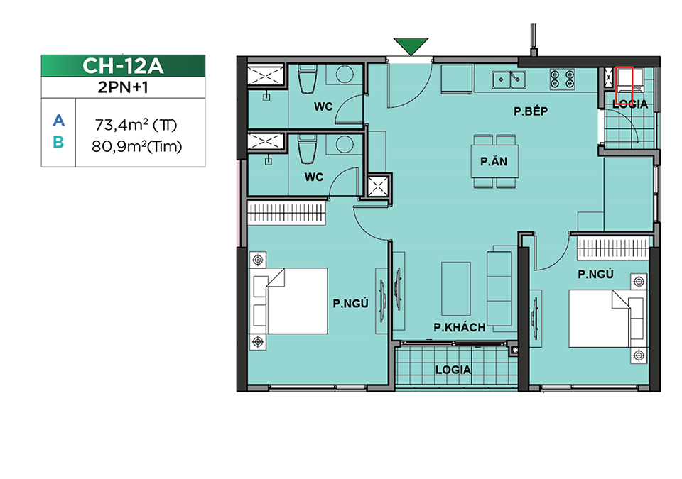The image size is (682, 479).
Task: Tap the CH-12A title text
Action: click(x=123, y=66)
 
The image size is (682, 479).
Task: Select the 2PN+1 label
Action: click(x=123, y=87)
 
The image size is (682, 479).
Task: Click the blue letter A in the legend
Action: click(x=59, y=121)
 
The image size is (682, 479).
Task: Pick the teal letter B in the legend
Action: click(x=58, y=142)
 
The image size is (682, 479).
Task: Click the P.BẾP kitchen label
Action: click(x=531, y=111)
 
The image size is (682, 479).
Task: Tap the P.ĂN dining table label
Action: click(x=494, y=162)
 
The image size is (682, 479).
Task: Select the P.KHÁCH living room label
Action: click(x=460, y=327)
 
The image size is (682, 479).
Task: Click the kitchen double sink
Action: click(x=509, y=80)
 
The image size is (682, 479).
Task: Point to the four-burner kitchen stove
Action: click(x=563, y=79)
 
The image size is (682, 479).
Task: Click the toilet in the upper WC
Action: click(x=307, y=79)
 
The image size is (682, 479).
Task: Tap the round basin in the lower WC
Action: click(x=345, y=145)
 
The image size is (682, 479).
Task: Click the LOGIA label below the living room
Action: click(x=453, y=370)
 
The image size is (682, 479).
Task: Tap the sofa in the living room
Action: click(x=499, y=289)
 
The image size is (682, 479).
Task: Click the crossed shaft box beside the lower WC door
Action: click(x=377, y=187)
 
